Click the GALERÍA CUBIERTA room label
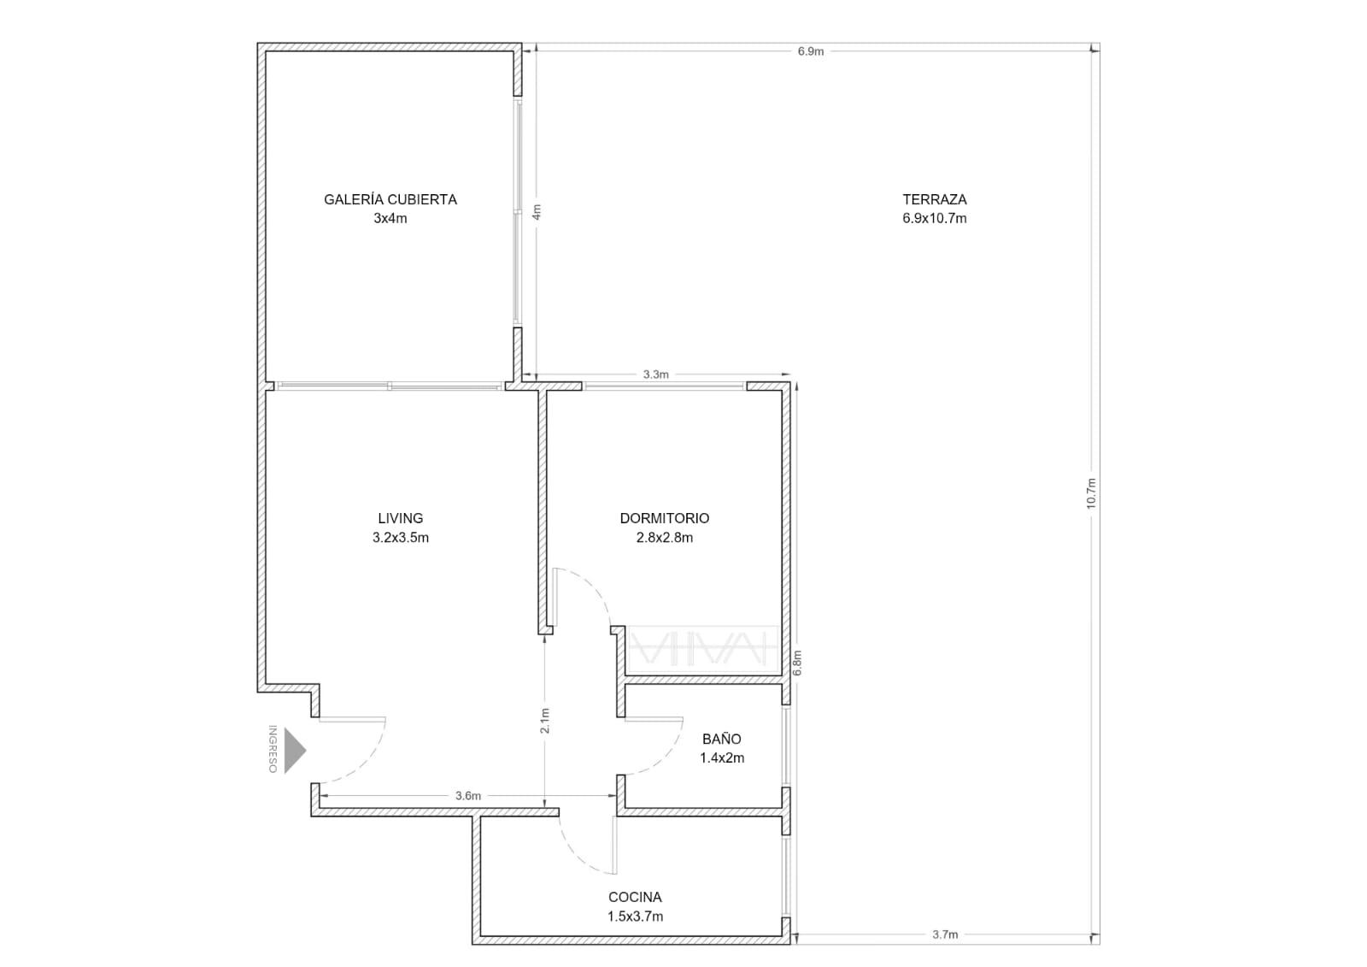coord(390,199)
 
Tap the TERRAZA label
coord(935,199)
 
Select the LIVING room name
coord(401,518)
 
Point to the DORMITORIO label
coord(665,518)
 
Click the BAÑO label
coord(721,739)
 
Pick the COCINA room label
coord(635,897)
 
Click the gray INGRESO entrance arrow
coord(295,750)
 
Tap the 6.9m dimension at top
coord(811,51)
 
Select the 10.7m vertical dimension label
coord(1092,493)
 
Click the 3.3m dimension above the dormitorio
coord(656,374)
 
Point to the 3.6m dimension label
coord(468,796)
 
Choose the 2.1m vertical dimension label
coord(545,721)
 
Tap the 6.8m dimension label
coord(797,663)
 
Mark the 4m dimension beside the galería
coord(537,211)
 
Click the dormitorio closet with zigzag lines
coord(702,651)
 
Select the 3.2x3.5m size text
coord(401,538)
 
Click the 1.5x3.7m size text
coord(635,917)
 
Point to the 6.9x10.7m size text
coord(935,218)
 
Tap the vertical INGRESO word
coord(273,749)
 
